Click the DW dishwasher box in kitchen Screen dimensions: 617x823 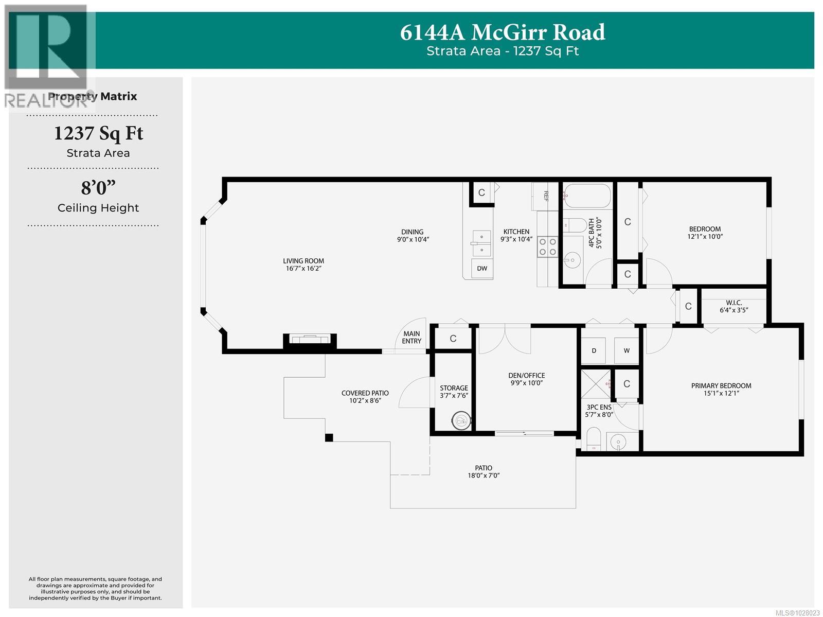[x=482, y=269]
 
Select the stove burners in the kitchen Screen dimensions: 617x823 [x=547, y=246]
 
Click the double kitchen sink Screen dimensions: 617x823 [x=481, y=243]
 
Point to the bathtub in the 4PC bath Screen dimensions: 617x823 [x=587, y=196]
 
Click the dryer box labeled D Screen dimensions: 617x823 [x=594, y=350]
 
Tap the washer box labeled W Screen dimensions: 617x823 [x=627, y=350]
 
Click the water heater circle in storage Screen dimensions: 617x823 [x=461, y=421]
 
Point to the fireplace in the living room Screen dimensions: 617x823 [x=310, y=339]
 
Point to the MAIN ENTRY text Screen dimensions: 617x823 [x=411, y=337]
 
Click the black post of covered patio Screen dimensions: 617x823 [x=329, y=438]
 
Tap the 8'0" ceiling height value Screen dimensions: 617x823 [x=98, y=188]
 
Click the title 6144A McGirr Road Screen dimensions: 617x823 [x=503, y=32]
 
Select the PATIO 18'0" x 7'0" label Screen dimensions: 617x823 [x=484, y=471]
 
